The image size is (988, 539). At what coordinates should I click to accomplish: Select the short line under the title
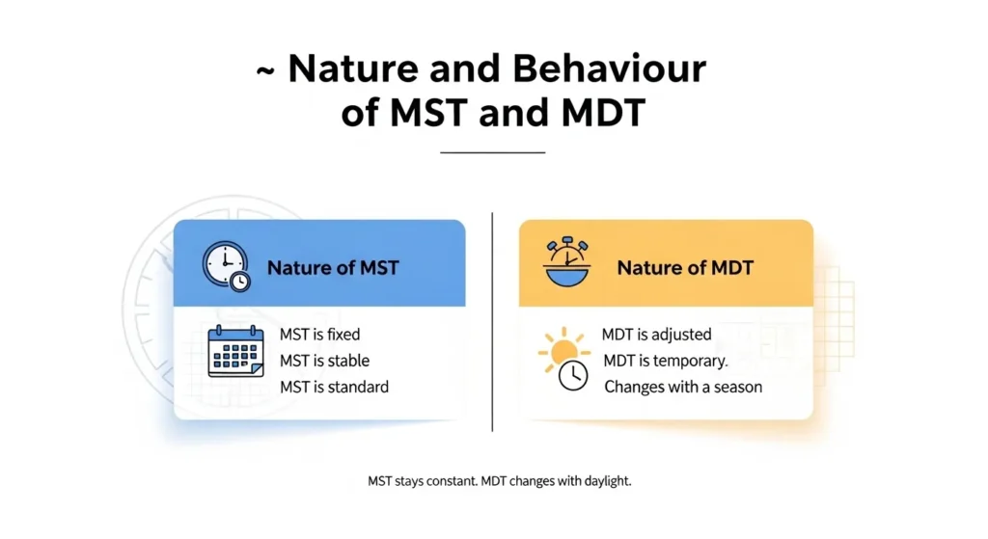[x=492, y=152]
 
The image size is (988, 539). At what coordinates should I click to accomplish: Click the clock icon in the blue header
[x=226, y=266]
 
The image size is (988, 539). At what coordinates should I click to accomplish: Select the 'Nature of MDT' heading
[x=686, y=267]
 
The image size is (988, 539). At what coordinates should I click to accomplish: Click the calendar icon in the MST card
[x=235, y=351]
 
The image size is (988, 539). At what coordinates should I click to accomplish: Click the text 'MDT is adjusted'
[x=656, y=335]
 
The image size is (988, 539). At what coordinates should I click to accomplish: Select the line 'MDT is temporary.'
[x=666, y=361]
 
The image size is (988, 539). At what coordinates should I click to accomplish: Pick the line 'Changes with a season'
[x=682, y=387]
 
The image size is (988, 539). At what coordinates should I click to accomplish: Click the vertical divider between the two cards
[x=492, y=323]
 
